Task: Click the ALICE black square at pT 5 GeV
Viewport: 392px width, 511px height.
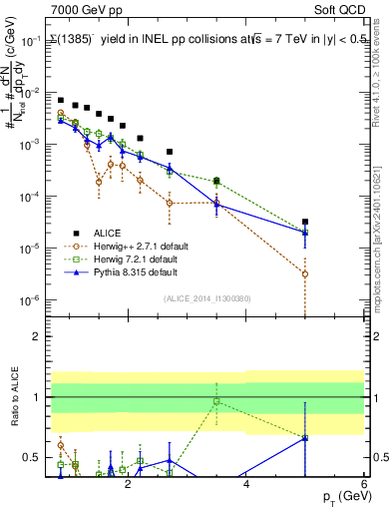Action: click(x=305, y=222)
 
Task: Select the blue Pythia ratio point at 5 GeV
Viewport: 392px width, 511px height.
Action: click(x=305, y=438)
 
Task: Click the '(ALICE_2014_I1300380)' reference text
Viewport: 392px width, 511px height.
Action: click(x=207, y=297)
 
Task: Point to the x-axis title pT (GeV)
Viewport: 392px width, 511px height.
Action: click(x=342, y=496)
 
